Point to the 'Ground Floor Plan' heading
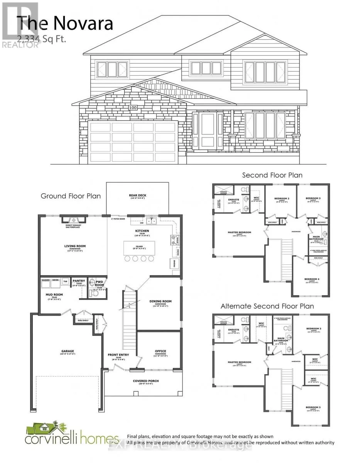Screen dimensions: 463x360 tap(71, 196)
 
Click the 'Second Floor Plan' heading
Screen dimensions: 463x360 tap(272, 175)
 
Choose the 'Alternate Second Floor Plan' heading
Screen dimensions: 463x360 tap(267, 306)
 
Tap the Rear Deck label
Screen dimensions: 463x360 tap(137, 196)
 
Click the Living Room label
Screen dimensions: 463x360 tap(75, 246)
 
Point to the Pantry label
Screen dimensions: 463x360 tap(79, 281)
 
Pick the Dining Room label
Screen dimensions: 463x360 tap(160, 301)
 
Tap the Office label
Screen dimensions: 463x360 tap(160, 351)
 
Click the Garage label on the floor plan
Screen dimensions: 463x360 tap(67, 351)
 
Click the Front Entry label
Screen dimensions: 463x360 tap(118, 355)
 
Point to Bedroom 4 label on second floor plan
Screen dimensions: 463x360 tap(311, 279)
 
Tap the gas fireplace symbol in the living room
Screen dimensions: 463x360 tap(73, 219)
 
